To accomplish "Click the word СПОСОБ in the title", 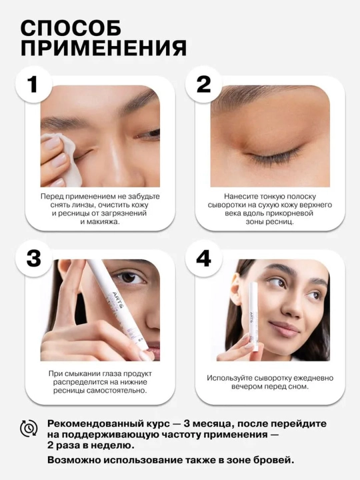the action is click(71, 28).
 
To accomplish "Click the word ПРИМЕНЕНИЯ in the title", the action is click(103, 48).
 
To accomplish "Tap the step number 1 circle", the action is click(33, 84).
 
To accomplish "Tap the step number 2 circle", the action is click(203, 84).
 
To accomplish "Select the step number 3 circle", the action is click(33, 258).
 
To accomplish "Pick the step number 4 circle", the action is click(203, 258).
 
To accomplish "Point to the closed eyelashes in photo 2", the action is click(273, 155).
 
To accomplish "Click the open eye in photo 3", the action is click(129, 278).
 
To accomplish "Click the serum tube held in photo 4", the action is click(254, 317).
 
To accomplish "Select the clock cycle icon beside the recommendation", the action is click(29, 427).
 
